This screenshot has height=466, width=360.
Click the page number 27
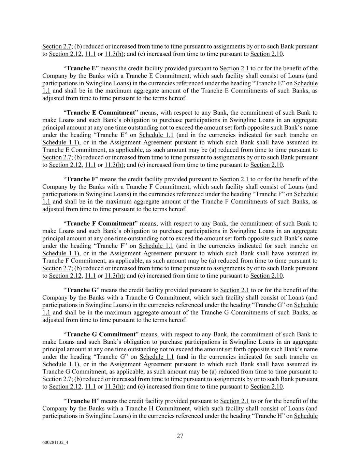coord(180,436)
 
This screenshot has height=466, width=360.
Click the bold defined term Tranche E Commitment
coord(101,113)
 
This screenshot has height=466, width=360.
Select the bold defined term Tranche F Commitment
coord(101,224)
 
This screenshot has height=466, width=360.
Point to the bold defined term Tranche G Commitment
coord(101,335)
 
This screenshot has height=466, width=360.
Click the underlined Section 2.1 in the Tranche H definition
coord(234,401)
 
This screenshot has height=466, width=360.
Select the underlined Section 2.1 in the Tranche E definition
coord(234,68)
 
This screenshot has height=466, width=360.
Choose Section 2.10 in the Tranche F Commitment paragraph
coord(267,276)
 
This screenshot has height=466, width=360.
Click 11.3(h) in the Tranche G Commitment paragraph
coord(114,387)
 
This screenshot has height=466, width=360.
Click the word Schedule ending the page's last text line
coord(306,416)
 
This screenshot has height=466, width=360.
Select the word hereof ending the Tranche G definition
coord(177,320)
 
